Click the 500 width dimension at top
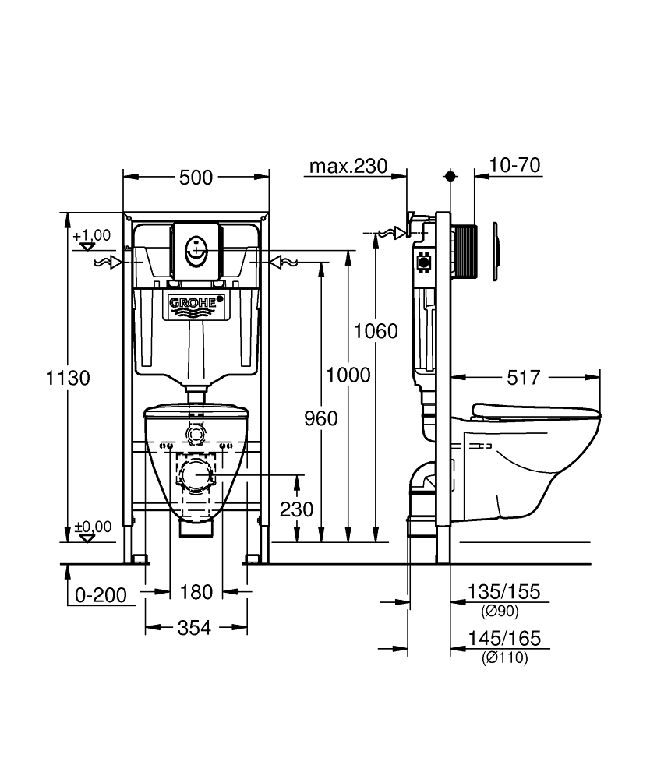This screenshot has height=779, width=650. tap(196, 178)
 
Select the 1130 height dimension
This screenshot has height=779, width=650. tap(69, 378)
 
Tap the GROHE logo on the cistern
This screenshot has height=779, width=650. tap(196, 301)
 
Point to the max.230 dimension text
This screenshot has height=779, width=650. tap(348, 166)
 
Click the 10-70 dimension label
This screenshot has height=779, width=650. tap(515, 165)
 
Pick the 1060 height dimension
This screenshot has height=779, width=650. tap(376, 331)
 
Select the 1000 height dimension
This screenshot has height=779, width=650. tap(348, 375)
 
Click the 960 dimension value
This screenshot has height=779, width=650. tap(320, 418)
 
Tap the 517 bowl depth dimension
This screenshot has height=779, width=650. tap(523, 378)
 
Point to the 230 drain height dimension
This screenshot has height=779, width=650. tap(297, 509)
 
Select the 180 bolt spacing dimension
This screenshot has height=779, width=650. tap(196, 593)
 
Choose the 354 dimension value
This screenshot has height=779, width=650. tap(196, 628)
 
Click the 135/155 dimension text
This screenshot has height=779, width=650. tap(503, 592)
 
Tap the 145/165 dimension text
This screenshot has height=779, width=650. tap(503, 640)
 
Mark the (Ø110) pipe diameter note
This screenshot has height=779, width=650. tap(504, 658)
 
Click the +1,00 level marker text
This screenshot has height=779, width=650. tap(92, 234)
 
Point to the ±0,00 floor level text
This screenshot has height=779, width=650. tap(92, 527)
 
